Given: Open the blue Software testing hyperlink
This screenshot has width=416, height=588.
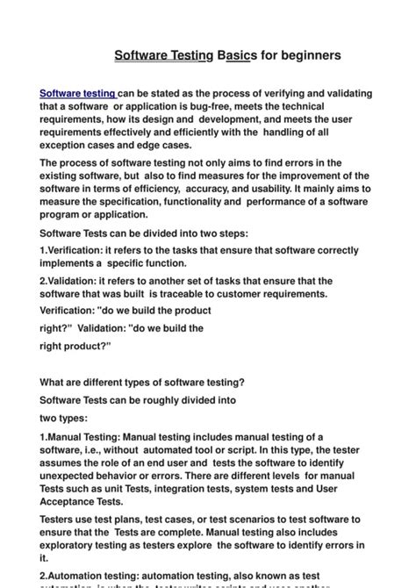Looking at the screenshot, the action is (x=78, y=94).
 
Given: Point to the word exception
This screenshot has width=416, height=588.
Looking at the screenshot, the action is (x=71, y=145).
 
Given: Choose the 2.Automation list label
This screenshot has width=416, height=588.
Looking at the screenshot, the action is (x=75, y=575).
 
